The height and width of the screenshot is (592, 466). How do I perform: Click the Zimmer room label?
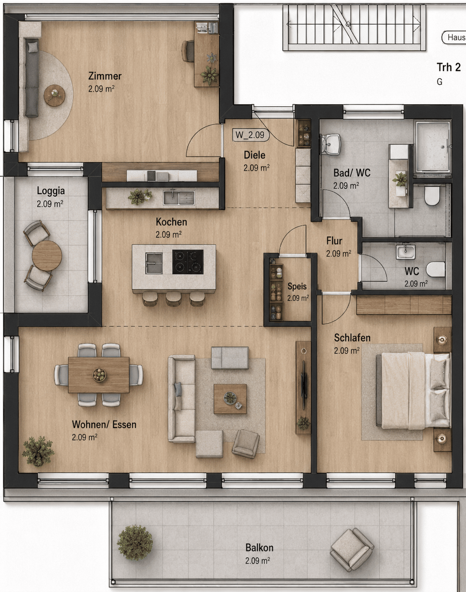[105, 76]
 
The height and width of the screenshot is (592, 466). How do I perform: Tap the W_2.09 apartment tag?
[251, 135]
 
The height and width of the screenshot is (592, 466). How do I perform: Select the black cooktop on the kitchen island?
[188, 262]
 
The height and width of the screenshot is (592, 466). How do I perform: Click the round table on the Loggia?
[47, 256]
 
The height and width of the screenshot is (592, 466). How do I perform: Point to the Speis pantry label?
[297, 286]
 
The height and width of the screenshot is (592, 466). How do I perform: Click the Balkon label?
[259, 548]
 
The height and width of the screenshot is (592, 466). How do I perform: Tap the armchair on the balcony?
[352, 550]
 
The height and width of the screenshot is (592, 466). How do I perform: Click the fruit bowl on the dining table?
[99, 374]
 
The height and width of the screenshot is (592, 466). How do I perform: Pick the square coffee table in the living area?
[230, 399]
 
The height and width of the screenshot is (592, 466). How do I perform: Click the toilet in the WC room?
[435, 269]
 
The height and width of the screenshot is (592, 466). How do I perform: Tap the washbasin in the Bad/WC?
[331, 144]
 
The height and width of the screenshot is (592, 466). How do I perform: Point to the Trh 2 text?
[448, 67]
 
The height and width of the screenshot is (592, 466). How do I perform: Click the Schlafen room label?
[352, 338]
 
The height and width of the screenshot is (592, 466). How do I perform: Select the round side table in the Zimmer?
[54, 95]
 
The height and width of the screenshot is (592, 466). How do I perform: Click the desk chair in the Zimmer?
[188, 51]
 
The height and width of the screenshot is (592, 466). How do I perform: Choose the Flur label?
[334, 241]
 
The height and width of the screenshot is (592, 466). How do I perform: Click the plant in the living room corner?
[38, 451]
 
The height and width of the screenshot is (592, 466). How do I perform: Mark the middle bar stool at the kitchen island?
[173, 299]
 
